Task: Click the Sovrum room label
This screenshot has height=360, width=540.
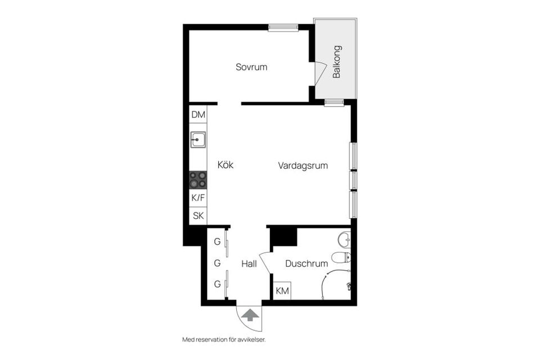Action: pyautogui.click(x=251, y=67)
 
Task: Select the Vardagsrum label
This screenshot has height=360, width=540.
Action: pyautogui.click(x=303, y=166)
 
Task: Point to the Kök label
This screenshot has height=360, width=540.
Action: pyautogui.click(x=225, y=165)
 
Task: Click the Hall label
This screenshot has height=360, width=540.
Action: pyautogui.click(x=249, y=263)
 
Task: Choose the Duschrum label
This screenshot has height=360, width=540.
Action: pyautogui.click(x=306, y=263)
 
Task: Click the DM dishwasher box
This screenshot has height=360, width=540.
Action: pyautogui.click(x=198, y=115)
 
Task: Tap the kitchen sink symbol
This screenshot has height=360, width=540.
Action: pyautogui.click(x=198, y=139)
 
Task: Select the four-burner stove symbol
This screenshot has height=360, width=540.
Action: pyautogui.click(x=198, y=180)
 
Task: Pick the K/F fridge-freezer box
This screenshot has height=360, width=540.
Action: pyautogui.click(x=198, y=198)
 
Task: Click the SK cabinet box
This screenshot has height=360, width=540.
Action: pyautogui.click(x=198, y=215)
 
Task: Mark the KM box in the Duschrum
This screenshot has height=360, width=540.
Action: pyautogui.click(x=282, y=291)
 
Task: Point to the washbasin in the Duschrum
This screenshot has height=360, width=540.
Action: pyautogui.click(x=345, y=240)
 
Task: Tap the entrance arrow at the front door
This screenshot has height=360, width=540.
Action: pyautogui.click(x=247, y=316)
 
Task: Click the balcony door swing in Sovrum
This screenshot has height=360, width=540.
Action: pyautogui.click(x=320, y=74)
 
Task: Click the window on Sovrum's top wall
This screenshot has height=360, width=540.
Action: pyautogui.click(x=282, y=27)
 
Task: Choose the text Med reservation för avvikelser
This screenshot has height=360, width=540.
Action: pyautogui.click(x=223, y=340)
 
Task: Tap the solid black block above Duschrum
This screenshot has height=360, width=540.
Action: pyautogui.click(x=283, y=236)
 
